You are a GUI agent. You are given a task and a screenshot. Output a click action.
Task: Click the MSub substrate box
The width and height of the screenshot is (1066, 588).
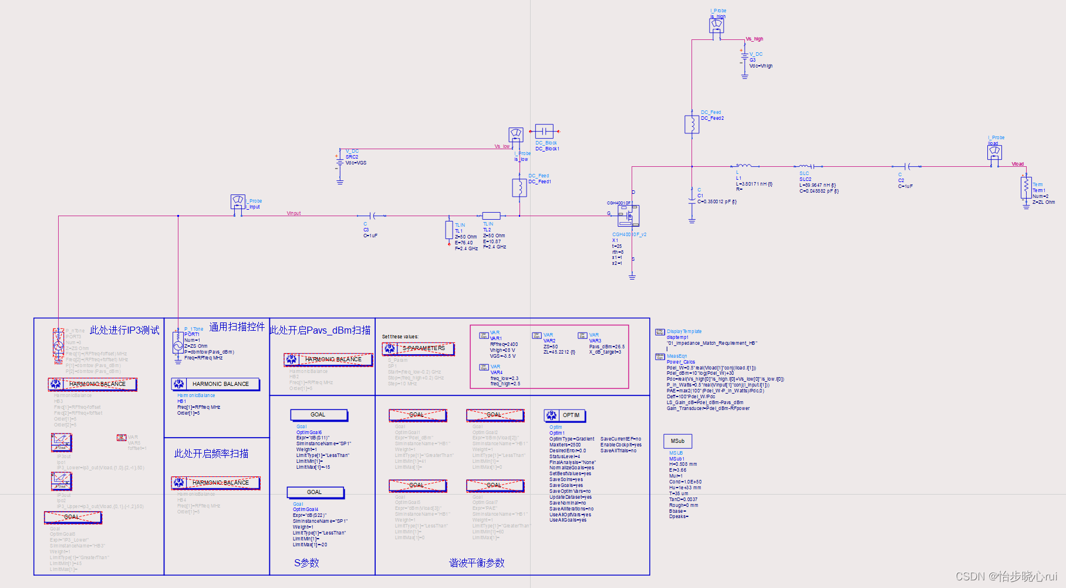[677, 441]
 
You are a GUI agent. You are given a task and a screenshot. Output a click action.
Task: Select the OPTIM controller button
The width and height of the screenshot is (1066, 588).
[565, 415]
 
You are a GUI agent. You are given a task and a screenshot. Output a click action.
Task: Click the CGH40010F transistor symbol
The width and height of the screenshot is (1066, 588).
[628, 216]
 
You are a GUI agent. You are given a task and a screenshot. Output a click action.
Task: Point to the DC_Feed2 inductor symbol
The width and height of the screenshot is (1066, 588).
[691, 125]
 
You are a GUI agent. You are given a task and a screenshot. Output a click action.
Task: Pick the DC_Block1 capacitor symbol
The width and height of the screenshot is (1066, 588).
[544, 132]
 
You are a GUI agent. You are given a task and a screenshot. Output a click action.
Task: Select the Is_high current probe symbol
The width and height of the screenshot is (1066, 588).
[717, 26]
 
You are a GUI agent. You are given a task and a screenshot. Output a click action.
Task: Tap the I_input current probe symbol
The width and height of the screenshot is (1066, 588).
[238, 202]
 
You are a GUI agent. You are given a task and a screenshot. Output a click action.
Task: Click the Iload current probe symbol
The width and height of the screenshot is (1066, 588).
[994, 153]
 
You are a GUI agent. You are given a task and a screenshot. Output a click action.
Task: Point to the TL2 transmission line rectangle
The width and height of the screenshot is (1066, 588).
[491, 216]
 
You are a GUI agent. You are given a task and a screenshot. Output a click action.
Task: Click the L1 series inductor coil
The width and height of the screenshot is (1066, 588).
[743, 166]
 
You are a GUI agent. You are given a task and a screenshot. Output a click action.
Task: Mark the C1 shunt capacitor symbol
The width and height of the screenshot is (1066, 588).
[691, 200]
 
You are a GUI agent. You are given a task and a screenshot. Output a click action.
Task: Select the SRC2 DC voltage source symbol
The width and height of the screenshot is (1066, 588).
[339, 162]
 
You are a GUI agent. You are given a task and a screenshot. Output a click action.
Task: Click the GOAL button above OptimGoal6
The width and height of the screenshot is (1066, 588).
[319, 415]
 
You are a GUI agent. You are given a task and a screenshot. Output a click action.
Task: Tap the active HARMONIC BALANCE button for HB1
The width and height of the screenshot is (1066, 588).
[215, 384]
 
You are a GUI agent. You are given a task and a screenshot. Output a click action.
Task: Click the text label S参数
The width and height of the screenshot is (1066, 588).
[306, 563]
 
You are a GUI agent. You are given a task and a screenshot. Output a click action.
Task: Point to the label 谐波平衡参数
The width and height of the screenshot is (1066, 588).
[477, 563]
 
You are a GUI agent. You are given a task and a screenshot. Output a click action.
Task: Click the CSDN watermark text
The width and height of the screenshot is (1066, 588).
[1006, 576]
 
